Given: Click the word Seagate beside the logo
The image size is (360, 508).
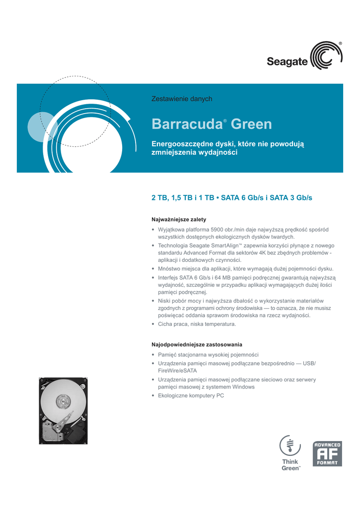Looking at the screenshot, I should [288, 62].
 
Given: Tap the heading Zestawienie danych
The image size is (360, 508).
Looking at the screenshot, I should [181, 99].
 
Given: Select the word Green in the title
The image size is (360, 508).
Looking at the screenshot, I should [251, 124].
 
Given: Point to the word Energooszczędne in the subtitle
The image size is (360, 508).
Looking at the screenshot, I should [182, 143].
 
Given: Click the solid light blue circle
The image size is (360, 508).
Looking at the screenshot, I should [42, 127].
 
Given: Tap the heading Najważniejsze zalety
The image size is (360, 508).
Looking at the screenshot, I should [178, 219].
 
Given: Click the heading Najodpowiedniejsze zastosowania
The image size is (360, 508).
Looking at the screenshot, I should [197, 344].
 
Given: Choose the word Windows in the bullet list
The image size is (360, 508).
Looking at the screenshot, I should [243, 387].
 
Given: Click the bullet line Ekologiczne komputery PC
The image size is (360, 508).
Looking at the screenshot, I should [191, 395].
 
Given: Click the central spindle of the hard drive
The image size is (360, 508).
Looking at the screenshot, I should [63, 399].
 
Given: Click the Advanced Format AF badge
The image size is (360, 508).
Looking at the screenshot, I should [327, 454].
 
